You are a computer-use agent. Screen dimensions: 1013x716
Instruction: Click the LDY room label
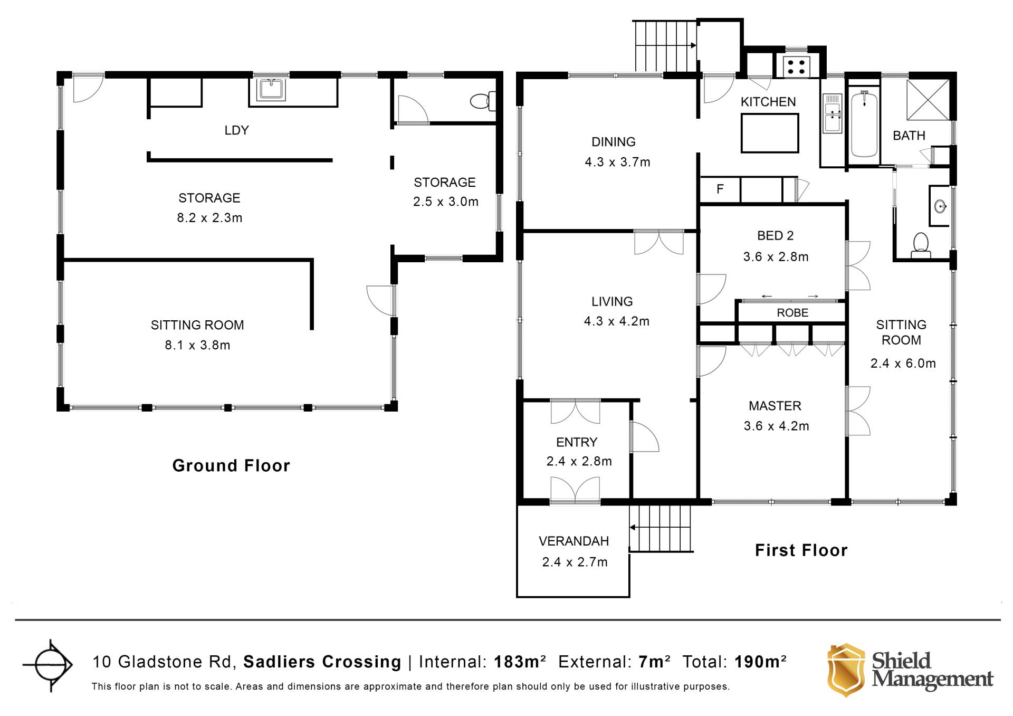[236, 130]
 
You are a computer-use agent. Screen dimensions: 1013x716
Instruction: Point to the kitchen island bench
[770, 133]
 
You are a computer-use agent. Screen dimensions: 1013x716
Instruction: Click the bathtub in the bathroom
[864, 124]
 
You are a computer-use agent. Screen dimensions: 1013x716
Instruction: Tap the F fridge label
[720, 189]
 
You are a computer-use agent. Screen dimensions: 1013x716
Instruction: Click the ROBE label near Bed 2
[792, 313]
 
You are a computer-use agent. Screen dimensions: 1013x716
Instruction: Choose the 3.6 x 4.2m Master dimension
[776, 426]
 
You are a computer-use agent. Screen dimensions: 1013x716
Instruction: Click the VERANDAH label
[574, 541]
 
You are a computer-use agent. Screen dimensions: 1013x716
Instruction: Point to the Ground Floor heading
[231, 465]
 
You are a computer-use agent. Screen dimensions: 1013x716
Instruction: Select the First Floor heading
[801, 550]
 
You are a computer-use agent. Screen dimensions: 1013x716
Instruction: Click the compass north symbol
[51, 665]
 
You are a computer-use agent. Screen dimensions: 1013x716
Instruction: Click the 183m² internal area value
[520, 662]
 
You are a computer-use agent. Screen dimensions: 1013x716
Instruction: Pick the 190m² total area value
[760, 662]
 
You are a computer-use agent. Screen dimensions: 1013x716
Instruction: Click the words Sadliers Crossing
[322, 662]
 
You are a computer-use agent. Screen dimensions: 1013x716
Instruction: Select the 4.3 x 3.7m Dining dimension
[617, 162]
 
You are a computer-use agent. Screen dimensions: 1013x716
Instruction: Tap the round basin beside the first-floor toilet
[940, 206]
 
